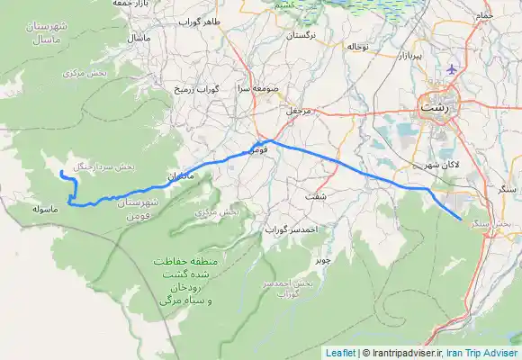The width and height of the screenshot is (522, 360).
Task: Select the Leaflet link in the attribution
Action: click(x=340, y=353)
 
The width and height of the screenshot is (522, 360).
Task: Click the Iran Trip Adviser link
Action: click(x=482, y=353)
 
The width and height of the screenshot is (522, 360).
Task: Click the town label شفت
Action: click(x=318, y=195)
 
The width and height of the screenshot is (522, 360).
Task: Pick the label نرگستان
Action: click(x=300, y=38)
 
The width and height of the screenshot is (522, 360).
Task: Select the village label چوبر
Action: click(x=322, y=259)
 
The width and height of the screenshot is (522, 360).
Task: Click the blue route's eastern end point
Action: click(x=461, y=219)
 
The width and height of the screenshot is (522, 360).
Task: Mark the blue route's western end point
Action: click(x=60, y=171)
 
